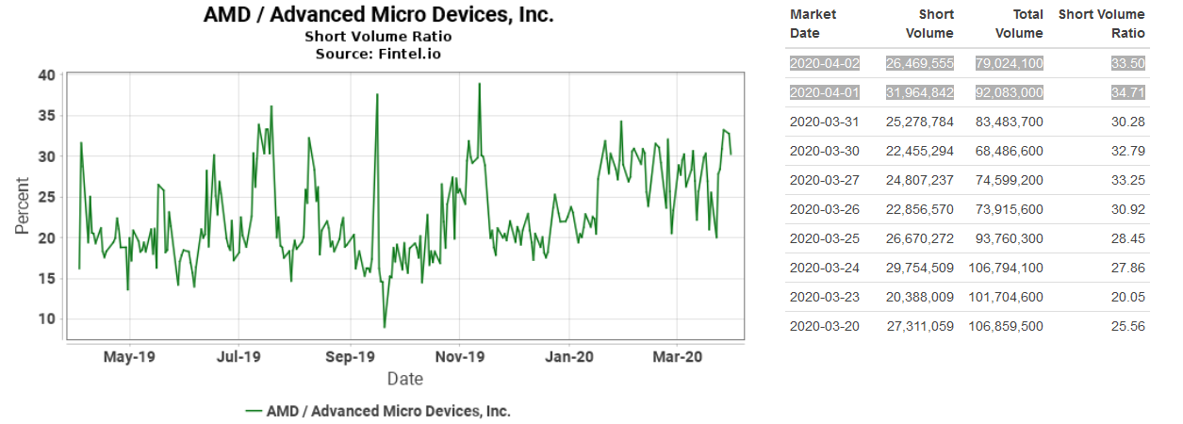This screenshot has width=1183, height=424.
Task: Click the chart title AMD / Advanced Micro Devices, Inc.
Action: pyautogui.click(x=378, y=15)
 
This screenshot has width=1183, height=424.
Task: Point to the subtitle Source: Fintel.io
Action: pyautogui.click(x=378, y=53)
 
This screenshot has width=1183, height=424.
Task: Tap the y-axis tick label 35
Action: pyautogui.click(x=46, y=116)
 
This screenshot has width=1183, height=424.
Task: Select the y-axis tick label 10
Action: pyautogui.click(x=46, y=319)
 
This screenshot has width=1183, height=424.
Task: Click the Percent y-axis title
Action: pyautogui.click(x=22, y=210)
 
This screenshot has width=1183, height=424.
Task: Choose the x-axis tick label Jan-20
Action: pyautogui.click(x=568, y=357)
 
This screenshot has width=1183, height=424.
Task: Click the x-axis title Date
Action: pyautogui.click(x=404, y=379)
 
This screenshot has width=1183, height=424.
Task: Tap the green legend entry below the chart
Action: pyautogui.click(x=377, y=411)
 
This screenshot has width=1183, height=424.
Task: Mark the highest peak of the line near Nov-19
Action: pyautogui.click(x=480, y=84)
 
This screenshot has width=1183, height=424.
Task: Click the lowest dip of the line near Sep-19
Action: pyautogui.click(x=385, y=327)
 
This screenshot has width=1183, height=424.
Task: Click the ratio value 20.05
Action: pyautogui.click(x=1127, y=297)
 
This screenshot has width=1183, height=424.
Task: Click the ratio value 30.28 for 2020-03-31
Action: pyautogui.click(x=1127, y=122)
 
